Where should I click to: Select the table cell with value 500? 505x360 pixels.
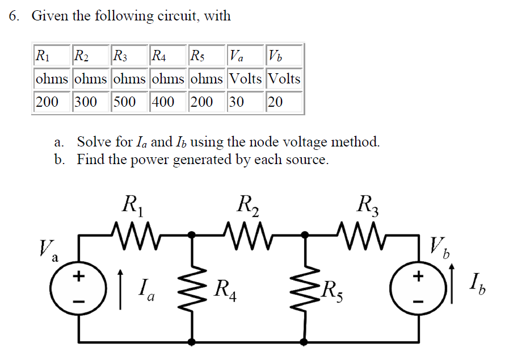point(129,102)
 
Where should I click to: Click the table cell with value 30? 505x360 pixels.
point(245,102)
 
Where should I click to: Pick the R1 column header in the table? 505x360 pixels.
point(52,56)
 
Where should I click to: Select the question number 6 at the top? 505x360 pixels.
point(14,16)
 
